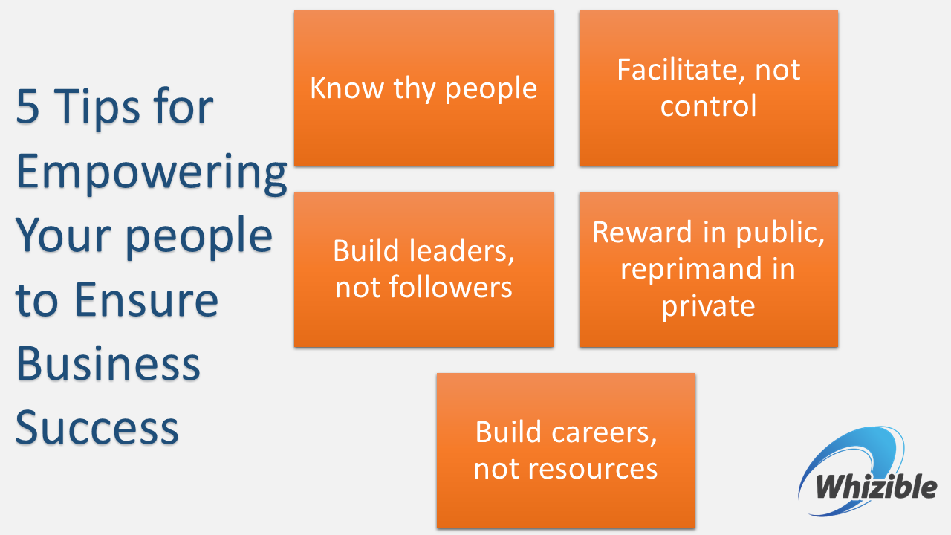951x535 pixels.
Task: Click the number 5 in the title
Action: click(x=27, y=106)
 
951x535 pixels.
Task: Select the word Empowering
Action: click(x=152, y=173)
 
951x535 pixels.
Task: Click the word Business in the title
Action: click(x=108, y=363)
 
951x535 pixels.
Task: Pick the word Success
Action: click(x=97, y=428)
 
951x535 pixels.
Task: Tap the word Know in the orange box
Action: click(x=347, y=88)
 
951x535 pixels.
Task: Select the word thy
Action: click(x=415, y=90)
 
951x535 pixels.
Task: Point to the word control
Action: click(x=708, y=106)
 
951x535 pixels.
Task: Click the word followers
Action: click(x=450, y=288)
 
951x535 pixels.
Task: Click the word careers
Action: click(x=604, y=433)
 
